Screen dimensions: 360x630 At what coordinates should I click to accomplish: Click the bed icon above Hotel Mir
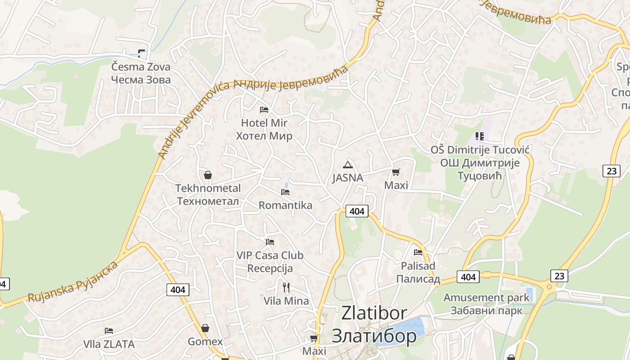pos(264,109)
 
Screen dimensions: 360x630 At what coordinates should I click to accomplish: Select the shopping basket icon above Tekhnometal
pos(208,175)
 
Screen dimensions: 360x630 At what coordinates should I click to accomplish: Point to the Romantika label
pos(285,205)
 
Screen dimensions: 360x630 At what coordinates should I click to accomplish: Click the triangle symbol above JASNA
pos(347,165)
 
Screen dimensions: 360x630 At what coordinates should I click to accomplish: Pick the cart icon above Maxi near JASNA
pos(396,172)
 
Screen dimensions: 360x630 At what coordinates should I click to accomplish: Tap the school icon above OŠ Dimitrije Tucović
pos(480,136)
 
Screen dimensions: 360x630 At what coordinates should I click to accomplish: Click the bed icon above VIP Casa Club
pos(270,242)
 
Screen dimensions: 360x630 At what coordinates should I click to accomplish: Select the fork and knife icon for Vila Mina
pos(286,287)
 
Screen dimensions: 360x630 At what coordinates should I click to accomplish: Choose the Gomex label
pos(205,342)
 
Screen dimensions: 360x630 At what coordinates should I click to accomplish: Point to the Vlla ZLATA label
pos(109,344)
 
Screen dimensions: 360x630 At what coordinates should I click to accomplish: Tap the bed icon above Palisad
pos(418,252)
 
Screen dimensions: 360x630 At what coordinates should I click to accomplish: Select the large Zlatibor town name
pos(374,324)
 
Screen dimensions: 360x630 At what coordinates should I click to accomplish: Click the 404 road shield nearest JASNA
pos(357,211)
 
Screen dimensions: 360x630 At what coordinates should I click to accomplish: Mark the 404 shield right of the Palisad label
pos(468,277)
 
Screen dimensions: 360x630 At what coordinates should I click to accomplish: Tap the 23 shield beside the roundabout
pos(559,275)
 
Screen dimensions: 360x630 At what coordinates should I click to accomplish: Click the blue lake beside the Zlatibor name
pos(407,331)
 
